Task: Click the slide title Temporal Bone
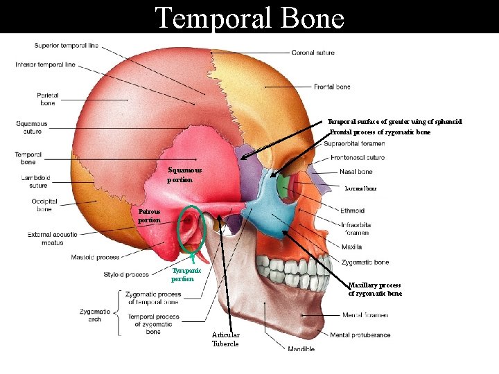[249, 17]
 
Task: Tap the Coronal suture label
[313, 53]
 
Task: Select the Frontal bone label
[332, 87]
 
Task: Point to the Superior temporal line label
[67, 46]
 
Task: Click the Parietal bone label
[48, 99]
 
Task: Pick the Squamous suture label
[32, 127]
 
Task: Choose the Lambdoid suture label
[34, 181]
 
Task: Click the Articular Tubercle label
[225, 339]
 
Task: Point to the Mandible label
[301, 349]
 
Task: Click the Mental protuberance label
[360, 335]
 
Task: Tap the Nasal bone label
[356, 172]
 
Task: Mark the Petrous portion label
[149, 215]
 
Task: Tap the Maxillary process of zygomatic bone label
[375, 289]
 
